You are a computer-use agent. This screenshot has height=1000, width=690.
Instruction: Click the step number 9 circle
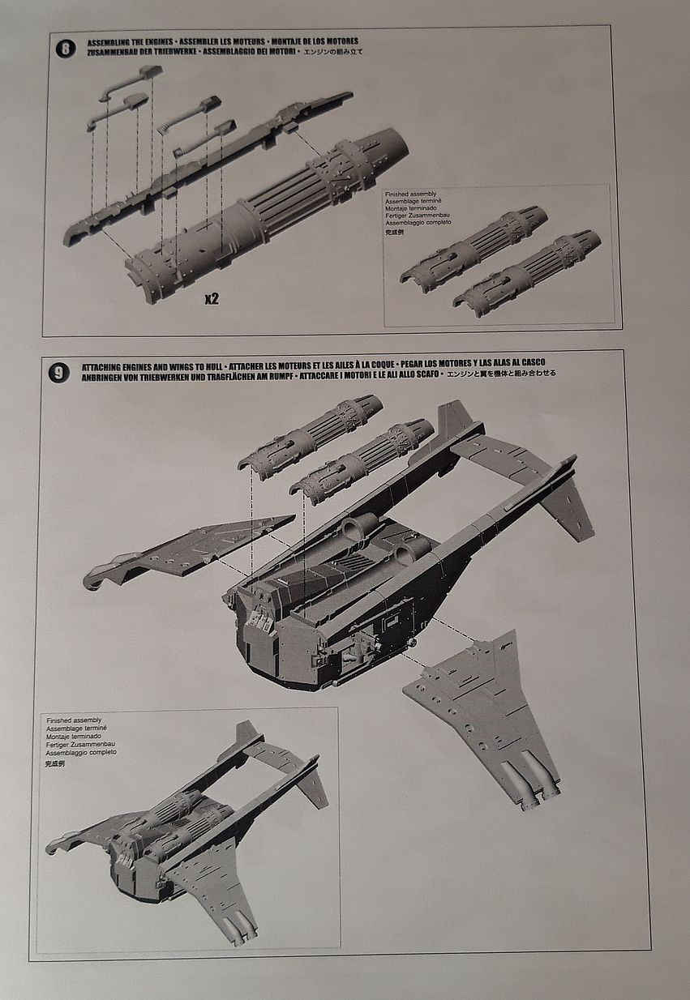tap(59, 373)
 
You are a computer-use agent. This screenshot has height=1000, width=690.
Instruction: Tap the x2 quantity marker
tap(211, 299)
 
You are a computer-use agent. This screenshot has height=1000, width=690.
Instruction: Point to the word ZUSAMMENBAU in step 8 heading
tap(107, 50)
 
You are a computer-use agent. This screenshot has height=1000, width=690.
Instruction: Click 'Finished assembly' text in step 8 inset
tap(411, 194)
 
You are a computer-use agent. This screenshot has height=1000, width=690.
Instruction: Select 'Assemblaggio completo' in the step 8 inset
tap(419, 222)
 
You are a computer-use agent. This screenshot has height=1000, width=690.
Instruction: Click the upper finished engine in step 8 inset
tap(474, 247)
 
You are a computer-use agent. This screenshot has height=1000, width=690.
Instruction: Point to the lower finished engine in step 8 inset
tap(527, 271)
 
